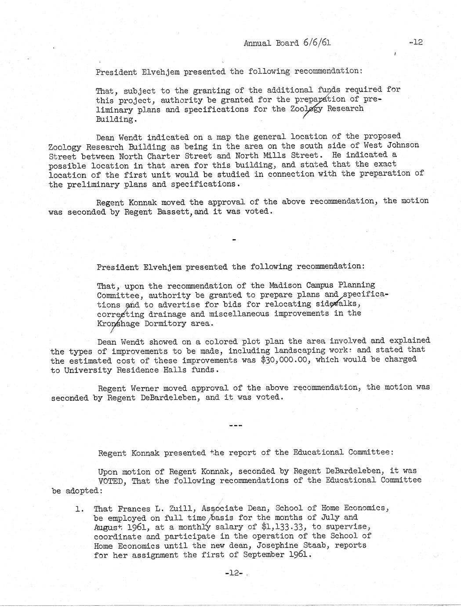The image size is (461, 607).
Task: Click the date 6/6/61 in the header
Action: pyautogui.click(x=316, y=43)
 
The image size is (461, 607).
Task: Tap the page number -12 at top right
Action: pyautogui.click(x=415, y=42)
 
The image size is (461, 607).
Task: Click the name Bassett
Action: pyautogui.click(x=174, y=212)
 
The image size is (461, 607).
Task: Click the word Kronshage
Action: pyautogui.click(x=118, y=323)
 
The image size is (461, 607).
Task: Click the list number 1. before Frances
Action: pyautogui.click(x=79, y=509)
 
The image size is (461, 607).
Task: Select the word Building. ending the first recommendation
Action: pyautogui.click(x=115, y=119)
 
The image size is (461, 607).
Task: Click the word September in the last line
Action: pyautogui.click(x=264, y=555)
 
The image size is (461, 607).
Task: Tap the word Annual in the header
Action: pyautogui.click(x=257, y=43)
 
